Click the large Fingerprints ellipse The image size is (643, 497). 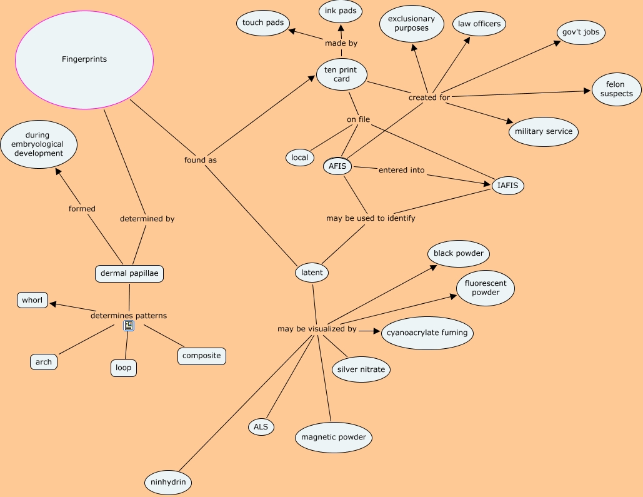[84, 60]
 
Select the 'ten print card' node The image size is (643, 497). [341, 74]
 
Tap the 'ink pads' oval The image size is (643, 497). [341, 11]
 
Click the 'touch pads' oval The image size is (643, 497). [263, 23]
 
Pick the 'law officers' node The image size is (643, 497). [479, 24]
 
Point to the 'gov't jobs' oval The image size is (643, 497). [582, 33]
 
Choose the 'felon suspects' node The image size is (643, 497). [616, 89]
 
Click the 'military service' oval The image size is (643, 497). [544, 132]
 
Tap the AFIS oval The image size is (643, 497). [337, 166]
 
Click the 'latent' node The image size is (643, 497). [312, 273]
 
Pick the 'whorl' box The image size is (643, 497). [32, 300]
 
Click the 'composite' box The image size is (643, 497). [201, 356]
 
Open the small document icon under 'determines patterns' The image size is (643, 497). [129, 326]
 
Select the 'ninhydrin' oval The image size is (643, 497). [167, 483]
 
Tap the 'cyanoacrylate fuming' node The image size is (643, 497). [427, 333]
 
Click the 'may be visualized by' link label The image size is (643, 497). [317, 329]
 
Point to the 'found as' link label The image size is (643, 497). [200, 160]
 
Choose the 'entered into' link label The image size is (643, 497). [401, 170]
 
